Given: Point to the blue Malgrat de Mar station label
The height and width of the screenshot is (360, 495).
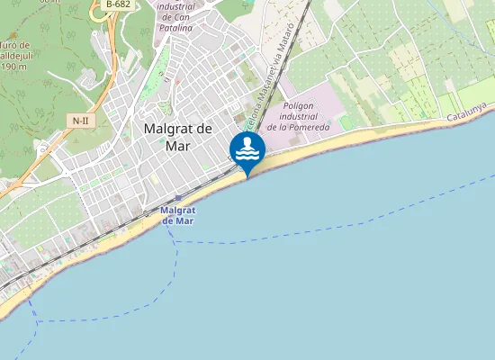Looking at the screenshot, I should point(177,215).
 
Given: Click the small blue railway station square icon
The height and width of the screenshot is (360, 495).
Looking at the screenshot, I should point(178,198).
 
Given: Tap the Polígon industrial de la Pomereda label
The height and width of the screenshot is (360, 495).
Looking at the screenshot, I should point(304,116).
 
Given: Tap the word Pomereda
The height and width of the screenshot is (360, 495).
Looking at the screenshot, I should point(310,127).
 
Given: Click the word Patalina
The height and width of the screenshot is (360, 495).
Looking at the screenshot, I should point(175,28).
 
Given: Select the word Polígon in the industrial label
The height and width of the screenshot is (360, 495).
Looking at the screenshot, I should point(297,105).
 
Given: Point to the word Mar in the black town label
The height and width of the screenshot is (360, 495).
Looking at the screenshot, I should point(178,146).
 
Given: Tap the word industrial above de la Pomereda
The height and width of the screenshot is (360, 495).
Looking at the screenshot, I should point(304,116).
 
